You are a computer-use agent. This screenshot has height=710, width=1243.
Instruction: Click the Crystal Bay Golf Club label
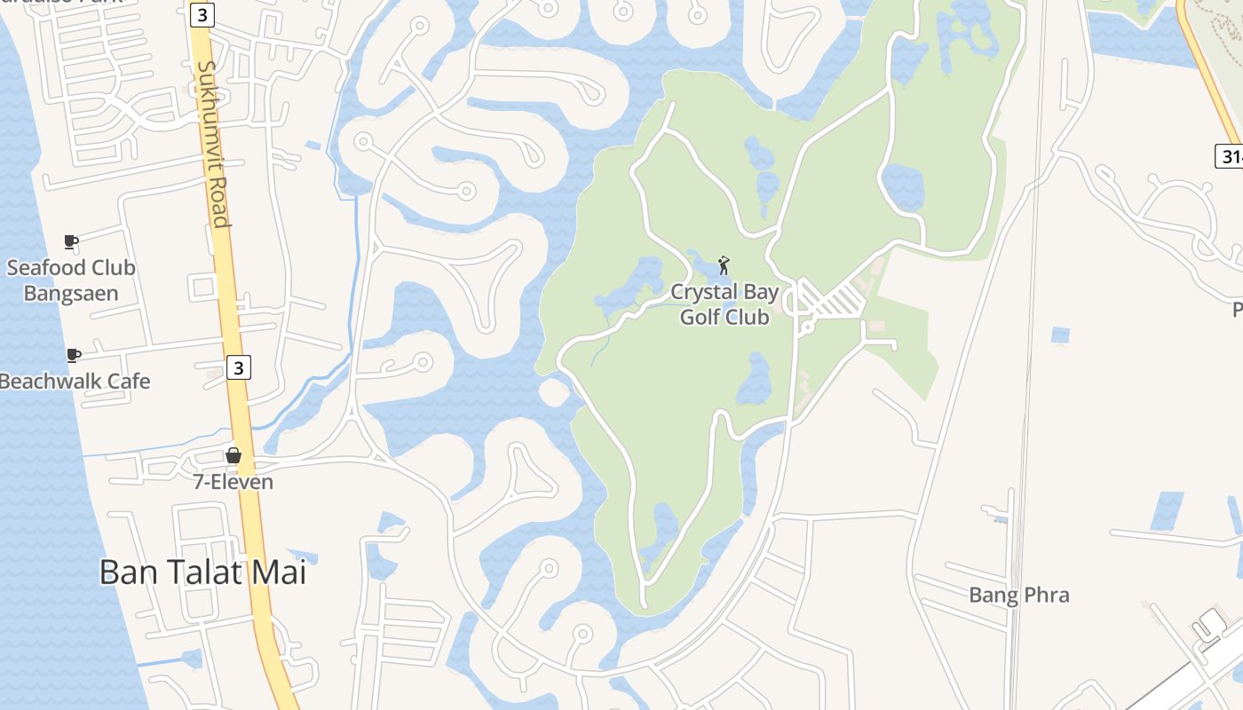[724, 304]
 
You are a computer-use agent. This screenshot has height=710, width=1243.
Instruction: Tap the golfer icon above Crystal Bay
[724, 264]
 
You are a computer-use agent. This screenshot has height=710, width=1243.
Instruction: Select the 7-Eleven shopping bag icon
[234, 455]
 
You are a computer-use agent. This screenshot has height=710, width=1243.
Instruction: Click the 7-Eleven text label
[234, 482]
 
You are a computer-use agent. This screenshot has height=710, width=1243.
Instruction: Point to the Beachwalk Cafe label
[75, 382]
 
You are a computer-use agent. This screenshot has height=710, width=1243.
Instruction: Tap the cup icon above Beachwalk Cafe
[74, 355]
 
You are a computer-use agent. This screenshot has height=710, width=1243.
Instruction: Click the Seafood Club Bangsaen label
[71, 280]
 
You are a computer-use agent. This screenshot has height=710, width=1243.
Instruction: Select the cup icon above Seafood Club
[71, 241]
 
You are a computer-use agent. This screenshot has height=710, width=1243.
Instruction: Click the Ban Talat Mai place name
[202, 572]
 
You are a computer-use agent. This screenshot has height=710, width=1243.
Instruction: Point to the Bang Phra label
[1019, 595]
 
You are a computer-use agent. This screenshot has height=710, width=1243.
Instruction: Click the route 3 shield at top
[202, 14]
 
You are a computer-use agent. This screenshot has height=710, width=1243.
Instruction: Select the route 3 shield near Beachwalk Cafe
[238, 367]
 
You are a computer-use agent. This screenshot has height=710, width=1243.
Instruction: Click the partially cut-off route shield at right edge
[1230, 156]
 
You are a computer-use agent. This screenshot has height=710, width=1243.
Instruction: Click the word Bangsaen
[71, 293]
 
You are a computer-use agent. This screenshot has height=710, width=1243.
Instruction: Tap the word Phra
[1045, 595]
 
